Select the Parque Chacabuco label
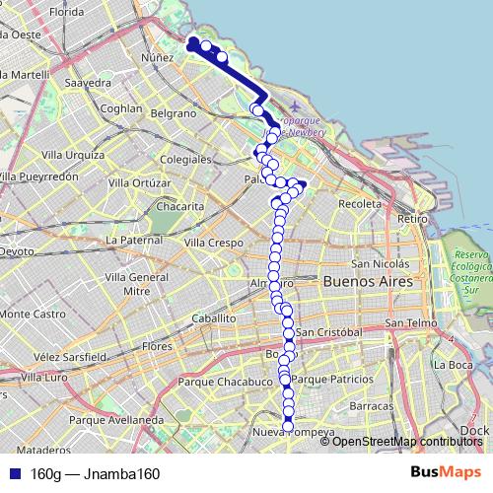point(225,381)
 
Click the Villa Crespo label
point(213,242)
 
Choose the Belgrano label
point(174,114)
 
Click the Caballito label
point(214,318)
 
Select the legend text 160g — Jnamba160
point(95,473)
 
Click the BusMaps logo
point(439,472)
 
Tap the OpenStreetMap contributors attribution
point(404,441)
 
